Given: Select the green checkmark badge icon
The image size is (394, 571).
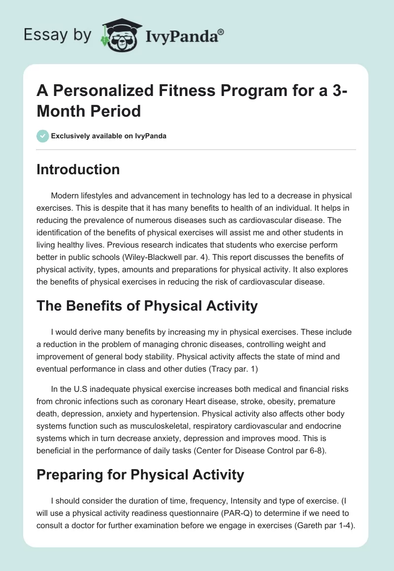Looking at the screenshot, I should coord(43,136).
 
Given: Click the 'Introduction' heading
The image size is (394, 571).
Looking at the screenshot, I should coord(78,170).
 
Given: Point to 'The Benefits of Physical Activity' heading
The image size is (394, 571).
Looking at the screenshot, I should coord(147,306).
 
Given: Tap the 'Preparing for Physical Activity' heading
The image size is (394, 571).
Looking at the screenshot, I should coord(140,475).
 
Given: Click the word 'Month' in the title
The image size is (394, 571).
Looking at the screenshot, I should coord(62,111).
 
